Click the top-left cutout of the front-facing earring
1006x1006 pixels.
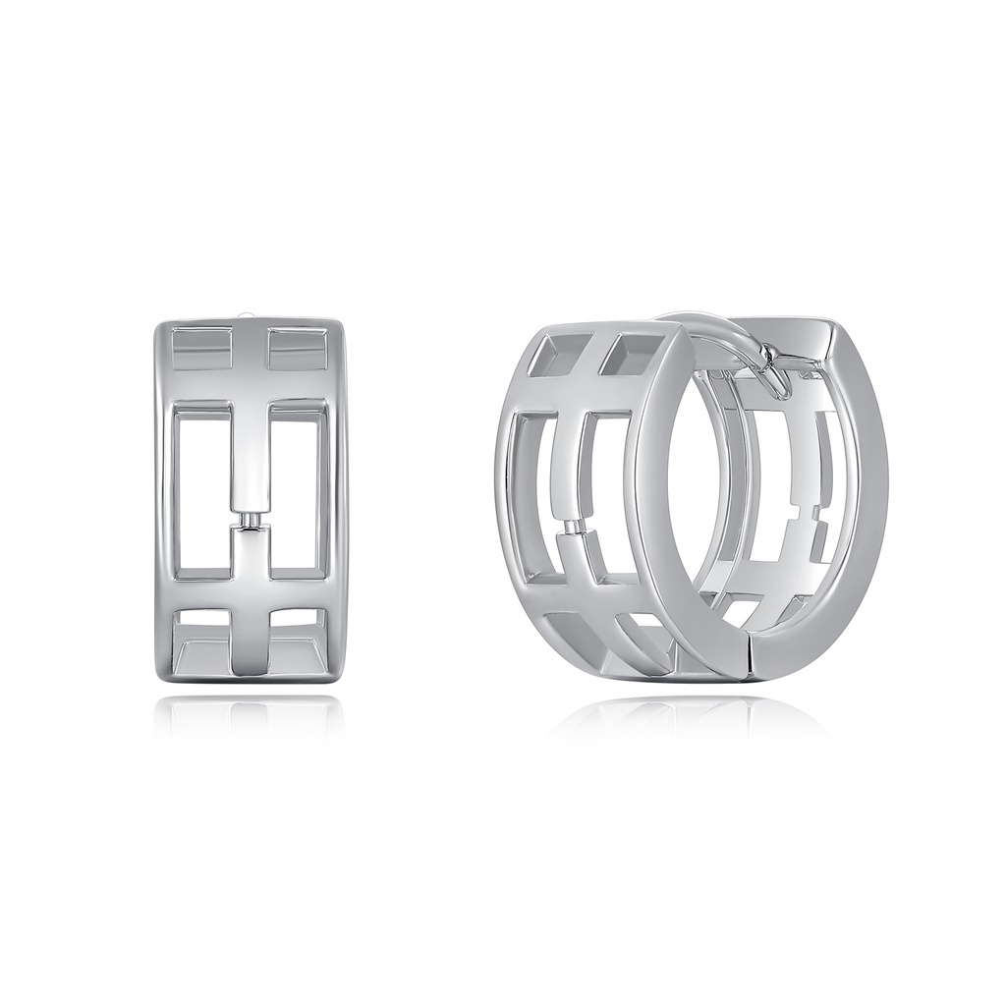(x=201, y=350)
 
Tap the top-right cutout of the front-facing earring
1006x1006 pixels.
(x=297, y=350)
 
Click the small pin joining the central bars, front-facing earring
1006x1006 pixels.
(x=250, y=518)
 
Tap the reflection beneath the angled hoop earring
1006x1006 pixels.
(x=688, y=717)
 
